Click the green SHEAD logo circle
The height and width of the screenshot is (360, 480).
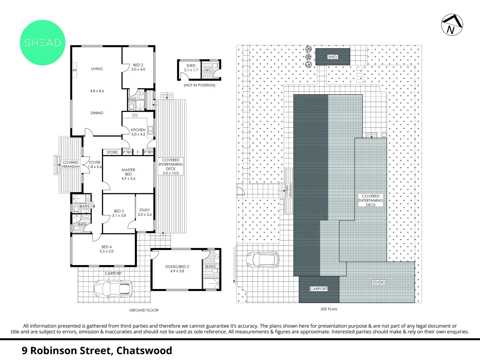pos(43,43)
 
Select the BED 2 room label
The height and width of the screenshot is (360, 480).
pos(138,65)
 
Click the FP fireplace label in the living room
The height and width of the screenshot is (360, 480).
pos(75,70)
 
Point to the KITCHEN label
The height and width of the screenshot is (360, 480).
pos(138,130)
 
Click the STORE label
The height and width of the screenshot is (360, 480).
pos(112,152)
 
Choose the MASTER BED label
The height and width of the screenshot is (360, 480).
pos(128,172)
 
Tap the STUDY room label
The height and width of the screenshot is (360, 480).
pos(145,210)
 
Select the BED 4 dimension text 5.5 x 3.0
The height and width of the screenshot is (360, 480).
pos(107,251)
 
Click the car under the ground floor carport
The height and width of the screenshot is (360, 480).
pos(113,289)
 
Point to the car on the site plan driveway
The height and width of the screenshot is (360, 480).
pos(263,260)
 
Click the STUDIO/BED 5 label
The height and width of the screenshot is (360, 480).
pos(177,267)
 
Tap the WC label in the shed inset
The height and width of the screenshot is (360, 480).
pos(208,70)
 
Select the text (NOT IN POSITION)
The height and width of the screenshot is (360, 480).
pos(199,85)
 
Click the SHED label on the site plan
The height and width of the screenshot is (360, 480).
pos(333,57)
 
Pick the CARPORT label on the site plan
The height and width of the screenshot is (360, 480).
pos(319,289)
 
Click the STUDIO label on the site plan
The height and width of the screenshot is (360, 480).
pos(379,282)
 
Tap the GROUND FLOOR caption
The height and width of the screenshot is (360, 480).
pos(144,310)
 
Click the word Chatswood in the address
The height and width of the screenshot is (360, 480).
pos(144,350)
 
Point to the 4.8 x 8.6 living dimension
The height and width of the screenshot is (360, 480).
pos(97,91)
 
